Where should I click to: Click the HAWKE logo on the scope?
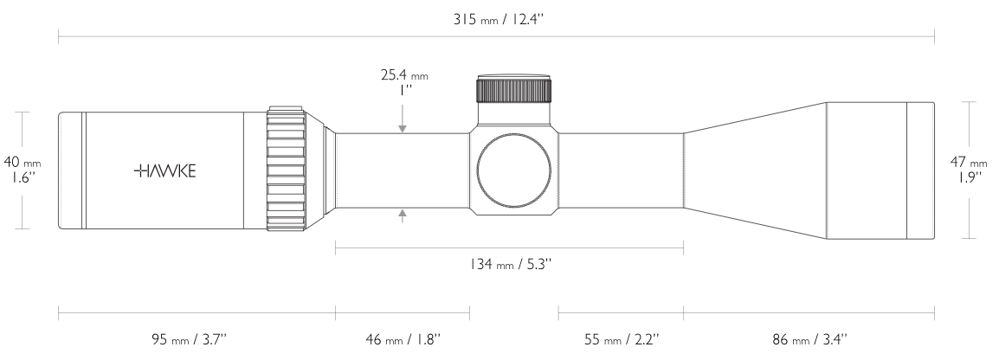tap(165, 170)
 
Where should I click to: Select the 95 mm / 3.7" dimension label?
tap(190, 339)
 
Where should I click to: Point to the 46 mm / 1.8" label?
tap(403, 339)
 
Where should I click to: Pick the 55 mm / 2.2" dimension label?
tap(622, 339)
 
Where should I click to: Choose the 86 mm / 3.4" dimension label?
tap(809, 339)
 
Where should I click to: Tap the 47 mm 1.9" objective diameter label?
tap(969, 170)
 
